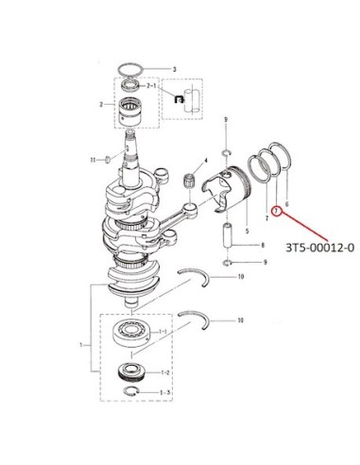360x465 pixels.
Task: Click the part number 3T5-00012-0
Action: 319,248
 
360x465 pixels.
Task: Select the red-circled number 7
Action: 276,211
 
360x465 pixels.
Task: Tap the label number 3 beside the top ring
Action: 175,69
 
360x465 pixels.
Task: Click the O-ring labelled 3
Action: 130,68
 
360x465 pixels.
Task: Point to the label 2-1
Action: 151,86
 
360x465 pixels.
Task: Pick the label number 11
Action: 93,160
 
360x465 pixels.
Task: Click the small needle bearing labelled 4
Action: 189,181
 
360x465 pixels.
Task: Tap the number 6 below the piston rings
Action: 286,204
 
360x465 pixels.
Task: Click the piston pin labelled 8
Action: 227,235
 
